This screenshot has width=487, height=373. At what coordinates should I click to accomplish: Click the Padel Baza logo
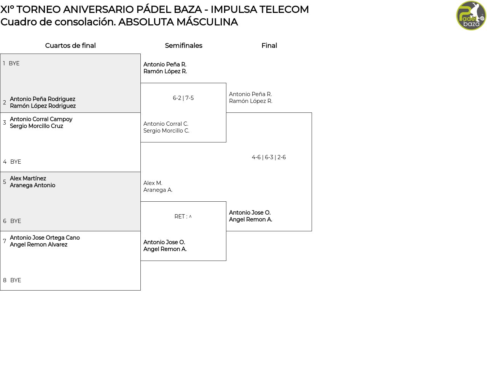click(x=471, y=16)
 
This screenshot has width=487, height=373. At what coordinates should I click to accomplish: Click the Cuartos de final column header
click(x=70, y=46)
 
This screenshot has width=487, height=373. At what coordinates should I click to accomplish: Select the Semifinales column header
click(x=183, y=46)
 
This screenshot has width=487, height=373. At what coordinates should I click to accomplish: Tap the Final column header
click(x=269, y=46)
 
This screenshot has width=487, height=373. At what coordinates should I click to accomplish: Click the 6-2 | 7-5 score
click(x=183, y=98)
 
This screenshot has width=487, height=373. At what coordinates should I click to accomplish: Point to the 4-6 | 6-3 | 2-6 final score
click(x=269, y=157)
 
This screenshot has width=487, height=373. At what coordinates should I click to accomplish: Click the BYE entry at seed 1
click(x=14, y=63)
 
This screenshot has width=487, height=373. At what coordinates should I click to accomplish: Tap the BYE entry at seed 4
click(x=16, y=162)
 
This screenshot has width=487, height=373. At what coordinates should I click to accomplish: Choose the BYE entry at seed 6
click(x=16, y=221)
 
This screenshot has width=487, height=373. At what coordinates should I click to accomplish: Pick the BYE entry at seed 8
click(x=16, y=280)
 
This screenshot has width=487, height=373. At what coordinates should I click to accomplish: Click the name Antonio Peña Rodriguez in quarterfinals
click(x=43, y=99)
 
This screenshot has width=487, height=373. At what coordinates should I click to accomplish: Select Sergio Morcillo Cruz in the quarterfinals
click(x=37, y=126)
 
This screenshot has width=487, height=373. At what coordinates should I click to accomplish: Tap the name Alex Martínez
click(x=28, y=179)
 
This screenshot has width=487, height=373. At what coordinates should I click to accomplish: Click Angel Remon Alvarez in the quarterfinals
click(x=38, y=245)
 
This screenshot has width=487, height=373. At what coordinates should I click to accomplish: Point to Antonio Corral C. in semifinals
click(x=166, y=124)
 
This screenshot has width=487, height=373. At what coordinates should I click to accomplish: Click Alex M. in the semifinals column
click(x=153, y=183)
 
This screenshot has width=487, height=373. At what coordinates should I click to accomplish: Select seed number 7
click(x=5, y=241)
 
